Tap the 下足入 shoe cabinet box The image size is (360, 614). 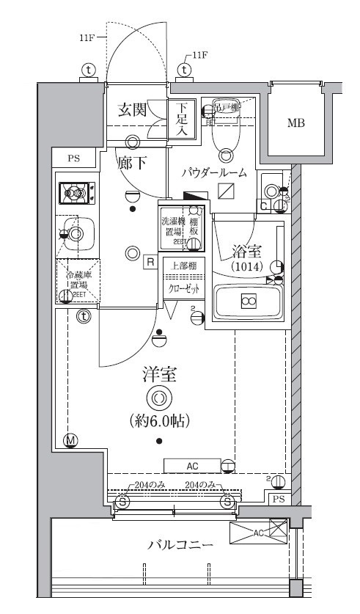click(x=183, y=120)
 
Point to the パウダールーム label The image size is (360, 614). click(x=219, y=173)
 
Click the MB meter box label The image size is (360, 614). click(x=295, y=123)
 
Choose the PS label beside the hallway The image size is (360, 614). click(x=73, y=158)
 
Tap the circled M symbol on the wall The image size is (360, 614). click(x=71, y=441)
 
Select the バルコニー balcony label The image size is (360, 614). click(x=180, y=546)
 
